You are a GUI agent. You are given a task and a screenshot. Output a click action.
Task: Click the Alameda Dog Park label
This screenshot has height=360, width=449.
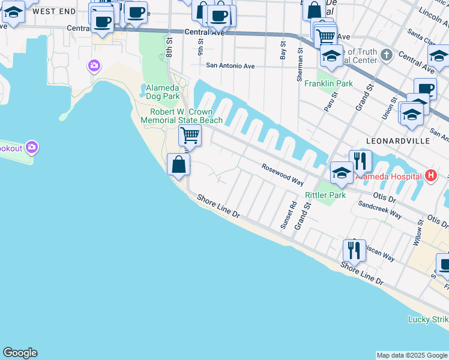(163, 92)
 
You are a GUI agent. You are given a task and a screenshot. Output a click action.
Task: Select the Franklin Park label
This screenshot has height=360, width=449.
(328, 83)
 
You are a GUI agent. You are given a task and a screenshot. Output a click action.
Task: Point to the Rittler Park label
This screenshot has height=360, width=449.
(325, 195)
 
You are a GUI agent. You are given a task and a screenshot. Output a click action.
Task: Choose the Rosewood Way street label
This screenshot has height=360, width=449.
(282, 174)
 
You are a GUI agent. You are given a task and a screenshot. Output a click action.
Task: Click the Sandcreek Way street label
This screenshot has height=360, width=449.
(379, 208)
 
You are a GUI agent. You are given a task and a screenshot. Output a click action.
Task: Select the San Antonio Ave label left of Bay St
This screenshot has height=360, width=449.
(231, 66)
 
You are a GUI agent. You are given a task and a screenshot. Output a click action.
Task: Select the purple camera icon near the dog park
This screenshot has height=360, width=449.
(94, 65)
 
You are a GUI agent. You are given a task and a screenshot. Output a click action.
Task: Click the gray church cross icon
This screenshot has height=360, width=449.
(386, 56)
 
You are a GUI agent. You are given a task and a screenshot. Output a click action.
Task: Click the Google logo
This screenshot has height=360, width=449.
(20, 353)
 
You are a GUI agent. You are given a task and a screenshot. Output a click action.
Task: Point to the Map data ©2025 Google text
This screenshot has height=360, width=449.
(412, 355)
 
